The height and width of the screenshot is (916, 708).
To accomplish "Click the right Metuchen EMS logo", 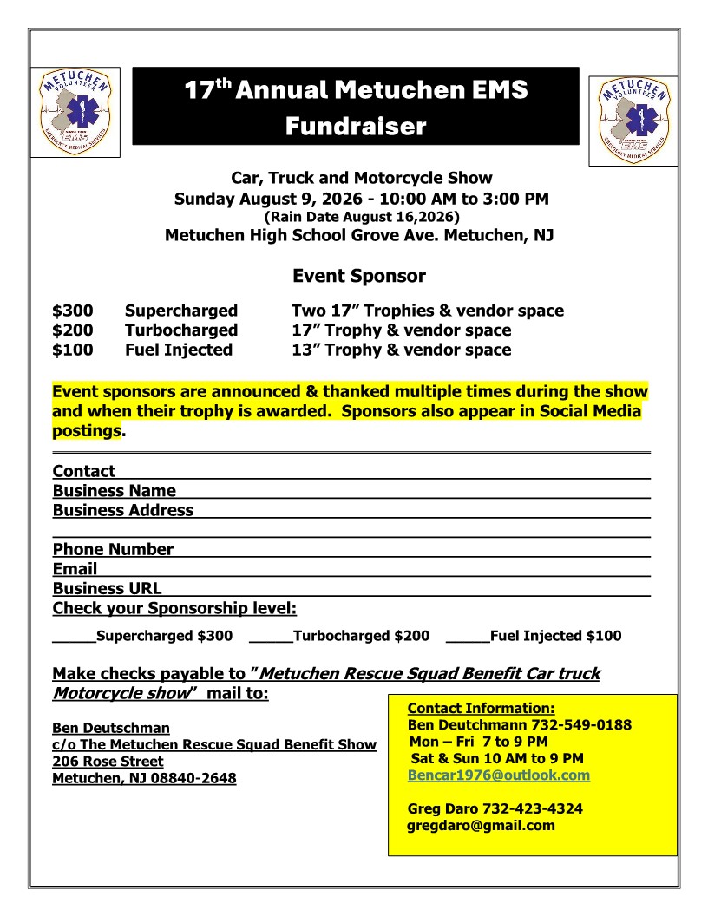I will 633,121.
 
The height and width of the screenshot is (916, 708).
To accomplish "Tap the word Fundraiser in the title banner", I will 356,127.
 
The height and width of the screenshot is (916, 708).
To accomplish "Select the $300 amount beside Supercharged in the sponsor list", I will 73,311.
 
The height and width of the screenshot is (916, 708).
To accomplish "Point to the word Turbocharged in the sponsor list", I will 180,330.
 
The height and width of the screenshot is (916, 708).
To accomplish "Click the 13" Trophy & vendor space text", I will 401,350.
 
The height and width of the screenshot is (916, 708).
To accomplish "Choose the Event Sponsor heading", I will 358,277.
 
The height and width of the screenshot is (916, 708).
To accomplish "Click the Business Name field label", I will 114,491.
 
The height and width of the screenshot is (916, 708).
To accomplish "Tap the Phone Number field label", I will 113,549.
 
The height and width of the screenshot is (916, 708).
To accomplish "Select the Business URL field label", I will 107,588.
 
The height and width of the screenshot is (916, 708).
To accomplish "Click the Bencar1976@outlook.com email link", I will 498,775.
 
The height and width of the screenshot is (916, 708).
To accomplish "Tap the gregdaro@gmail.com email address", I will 481,825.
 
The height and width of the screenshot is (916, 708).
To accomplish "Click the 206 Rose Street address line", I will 108,762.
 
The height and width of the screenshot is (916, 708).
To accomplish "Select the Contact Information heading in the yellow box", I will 481,709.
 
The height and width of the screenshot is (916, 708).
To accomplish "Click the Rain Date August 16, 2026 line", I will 361,216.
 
